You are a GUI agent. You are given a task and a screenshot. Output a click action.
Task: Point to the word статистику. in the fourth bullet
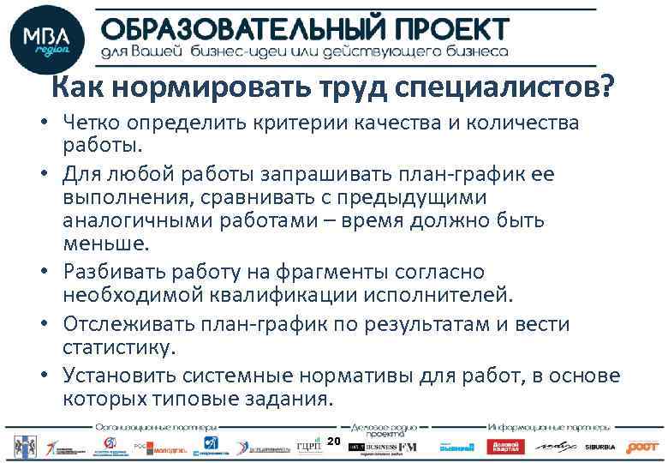pos(118,348)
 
